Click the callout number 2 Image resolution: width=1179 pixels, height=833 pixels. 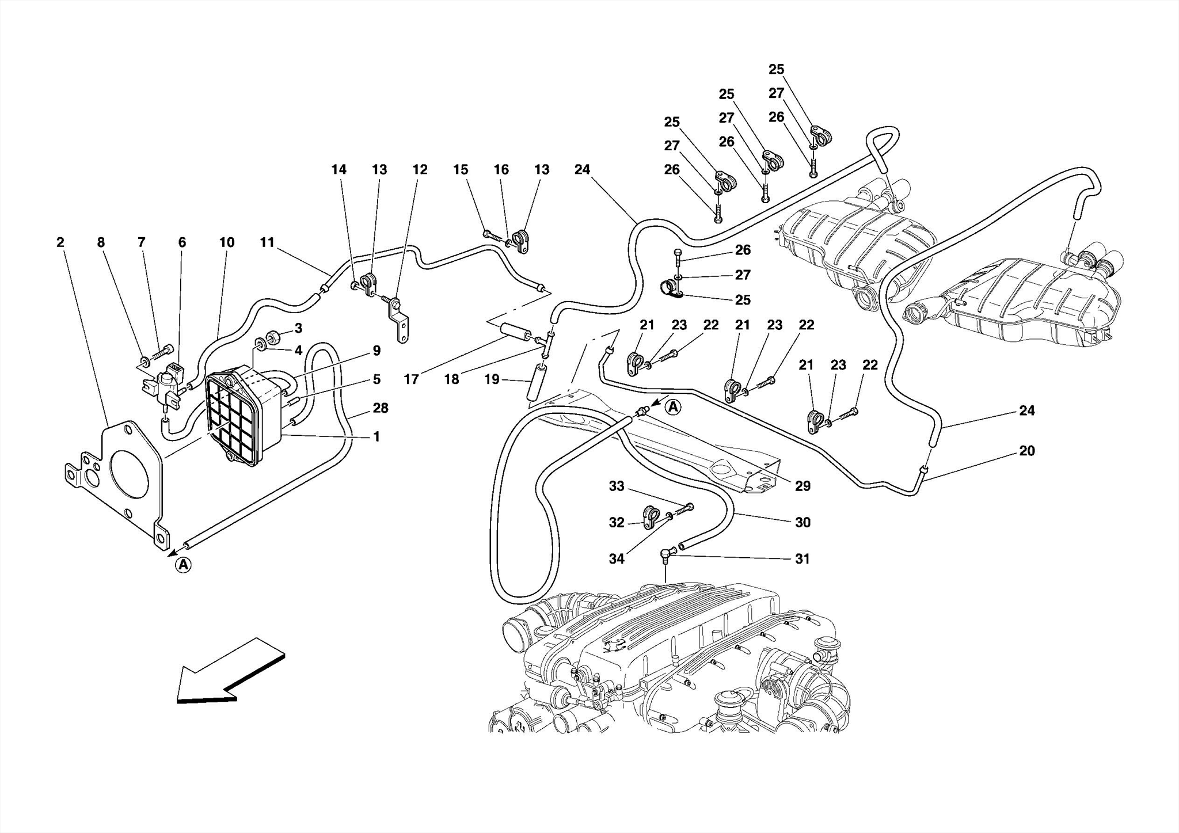60,242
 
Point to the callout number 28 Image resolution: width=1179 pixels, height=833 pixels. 381,408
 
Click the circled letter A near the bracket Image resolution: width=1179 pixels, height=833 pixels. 183,565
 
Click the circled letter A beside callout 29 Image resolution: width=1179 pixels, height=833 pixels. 673,408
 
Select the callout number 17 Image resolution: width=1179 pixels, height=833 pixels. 411,379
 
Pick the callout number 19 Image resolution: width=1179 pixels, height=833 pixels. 492,379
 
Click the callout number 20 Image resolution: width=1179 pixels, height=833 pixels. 1026,451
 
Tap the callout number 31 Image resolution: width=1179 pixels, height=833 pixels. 803,558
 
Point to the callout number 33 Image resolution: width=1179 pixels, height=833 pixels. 617,486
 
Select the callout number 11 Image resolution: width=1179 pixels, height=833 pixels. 267,242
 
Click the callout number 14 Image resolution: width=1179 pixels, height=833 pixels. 339,170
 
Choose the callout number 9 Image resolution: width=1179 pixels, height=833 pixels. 376,351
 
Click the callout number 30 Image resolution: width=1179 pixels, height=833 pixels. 803,522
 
